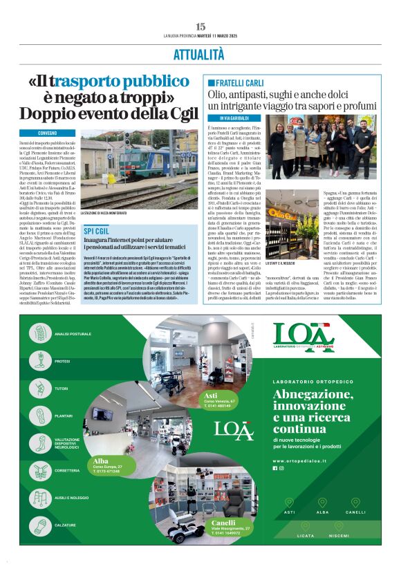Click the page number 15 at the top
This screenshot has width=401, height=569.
pos(200,26)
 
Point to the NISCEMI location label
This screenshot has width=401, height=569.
pos(339,536)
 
